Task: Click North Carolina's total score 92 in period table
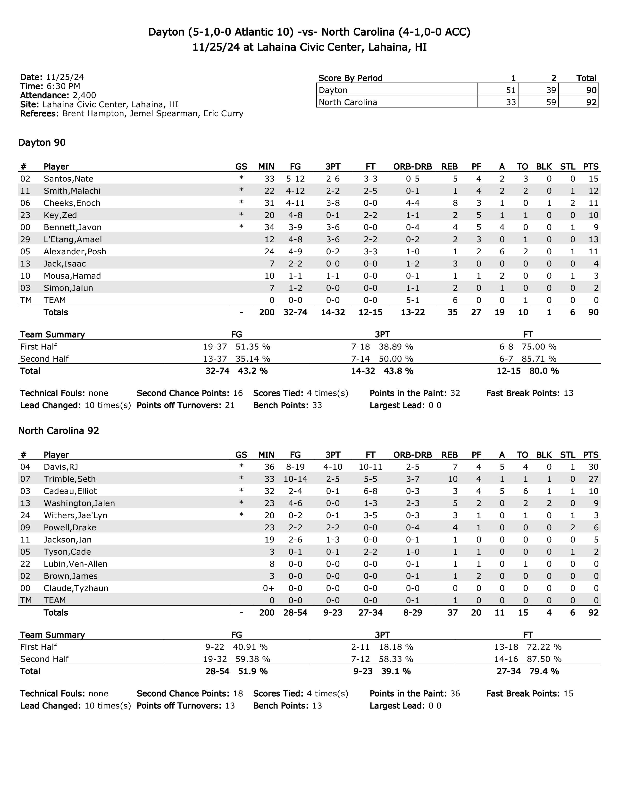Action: click(x=591, y=102)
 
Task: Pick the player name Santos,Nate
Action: click(x=68, y=179)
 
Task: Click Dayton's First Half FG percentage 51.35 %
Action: click(x=253, y=347)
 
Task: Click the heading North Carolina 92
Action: click(x=59, y=431)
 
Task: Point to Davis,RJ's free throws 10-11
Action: click(x=370, y=467)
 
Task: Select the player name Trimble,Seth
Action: click(x=70, y=479)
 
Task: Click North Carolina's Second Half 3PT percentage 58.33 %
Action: click(x=396, y=659)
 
